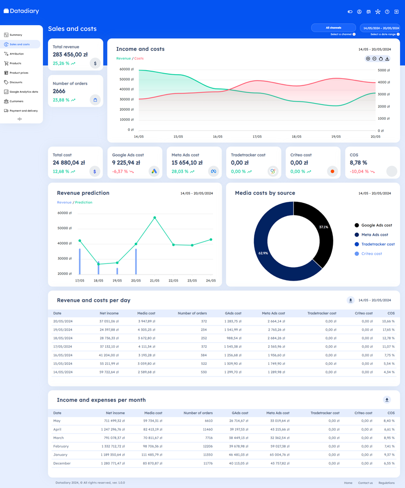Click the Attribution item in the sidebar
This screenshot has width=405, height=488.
(x=17, y=54)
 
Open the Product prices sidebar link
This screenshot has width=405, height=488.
(x=19, y=73)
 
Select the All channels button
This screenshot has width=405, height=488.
(x=333, y=28)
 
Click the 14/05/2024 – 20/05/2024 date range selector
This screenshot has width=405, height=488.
(x=381, y=28)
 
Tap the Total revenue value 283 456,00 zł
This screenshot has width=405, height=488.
(x=70, y=55)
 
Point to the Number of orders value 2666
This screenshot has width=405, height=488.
(x=59, y=91)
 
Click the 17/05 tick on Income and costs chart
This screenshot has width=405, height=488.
(x=257, y=137)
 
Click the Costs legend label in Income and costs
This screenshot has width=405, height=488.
(x=139, y=59)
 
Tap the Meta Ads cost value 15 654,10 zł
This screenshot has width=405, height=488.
(x=187, y=163)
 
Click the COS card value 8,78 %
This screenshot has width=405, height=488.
(x=359, y=163)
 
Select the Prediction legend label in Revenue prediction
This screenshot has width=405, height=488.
(x=84, y=202)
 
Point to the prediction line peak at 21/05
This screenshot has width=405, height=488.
(x=155, y=218)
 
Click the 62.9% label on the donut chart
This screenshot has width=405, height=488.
(x=263, y=253)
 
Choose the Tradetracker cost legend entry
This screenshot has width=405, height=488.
(x=378, y=244)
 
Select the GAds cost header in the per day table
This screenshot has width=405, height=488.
(x=233, y=313)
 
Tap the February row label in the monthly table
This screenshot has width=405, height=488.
(x=61, y=446)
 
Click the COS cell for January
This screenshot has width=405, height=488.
(x=389, y=455)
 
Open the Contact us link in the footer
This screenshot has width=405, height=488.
(x=365, y=483)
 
